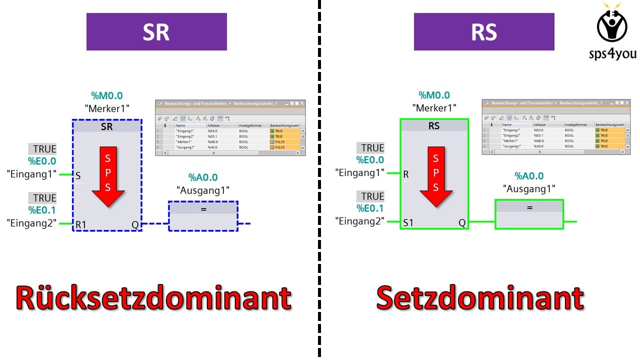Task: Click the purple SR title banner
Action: (x=156, y=32)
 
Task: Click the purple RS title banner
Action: (x=483, y=32)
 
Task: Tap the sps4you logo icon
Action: (x=611, y=25)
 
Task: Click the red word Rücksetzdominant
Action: (x=153, y=298)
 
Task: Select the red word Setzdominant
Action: (x=479, y=298)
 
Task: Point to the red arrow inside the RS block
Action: (x=435, y=175)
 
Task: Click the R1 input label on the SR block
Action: (x=81, y=224)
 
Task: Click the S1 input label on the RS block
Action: (x=408, y=222)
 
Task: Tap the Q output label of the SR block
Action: (x=135, y=224)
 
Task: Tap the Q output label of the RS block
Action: (x=462, y=222)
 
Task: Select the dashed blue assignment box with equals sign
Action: (x=203, y=216)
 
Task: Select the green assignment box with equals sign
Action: (x=529, y=214)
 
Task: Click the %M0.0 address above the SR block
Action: (x=106, y=95)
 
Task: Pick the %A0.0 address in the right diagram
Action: (x=529, y=176)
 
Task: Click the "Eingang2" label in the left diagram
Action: (x=31, y=223)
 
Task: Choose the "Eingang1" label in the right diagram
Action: (x=359, y=173)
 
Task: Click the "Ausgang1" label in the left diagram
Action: (x=203, y=190)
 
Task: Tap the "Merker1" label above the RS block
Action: (x=434, y=107)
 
